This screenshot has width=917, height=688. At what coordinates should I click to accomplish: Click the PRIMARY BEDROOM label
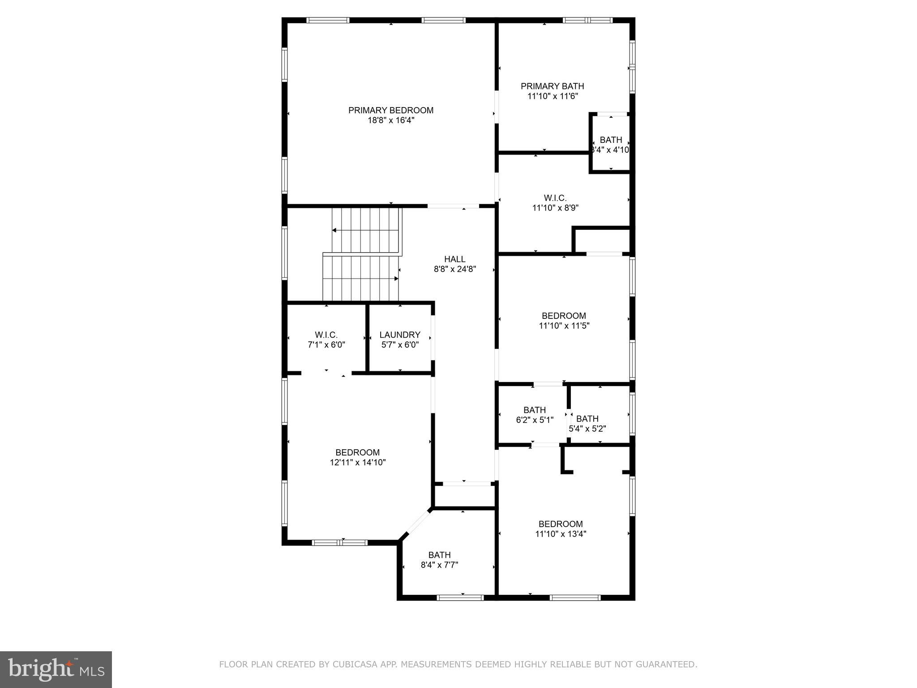(x=391, y=110)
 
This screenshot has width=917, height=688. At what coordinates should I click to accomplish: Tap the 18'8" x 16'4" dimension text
(x=391, y=120)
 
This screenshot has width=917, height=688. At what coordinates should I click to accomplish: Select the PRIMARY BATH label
(x=553, y=86)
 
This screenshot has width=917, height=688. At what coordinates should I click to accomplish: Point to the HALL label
(x=455, y=259)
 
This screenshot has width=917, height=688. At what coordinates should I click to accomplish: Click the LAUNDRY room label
(x=400, y=335)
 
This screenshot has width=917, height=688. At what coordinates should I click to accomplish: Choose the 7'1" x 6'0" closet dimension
(x=326, y=345)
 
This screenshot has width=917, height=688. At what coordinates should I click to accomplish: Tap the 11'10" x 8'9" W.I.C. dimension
(x=555, y=208)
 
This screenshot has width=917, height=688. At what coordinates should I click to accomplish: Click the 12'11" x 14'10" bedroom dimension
(x=358, y=462)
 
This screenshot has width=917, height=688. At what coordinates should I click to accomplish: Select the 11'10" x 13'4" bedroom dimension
(x=561, y=534)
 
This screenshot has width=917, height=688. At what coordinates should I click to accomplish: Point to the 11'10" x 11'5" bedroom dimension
(x=564, y=326)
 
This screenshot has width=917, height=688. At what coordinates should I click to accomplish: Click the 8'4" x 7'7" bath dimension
(x=439, y=565)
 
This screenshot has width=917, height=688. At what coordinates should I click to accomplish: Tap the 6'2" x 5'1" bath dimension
(x=535, y=420)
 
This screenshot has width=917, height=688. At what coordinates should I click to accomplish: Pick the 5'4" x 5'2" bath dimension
(x=587, y=429)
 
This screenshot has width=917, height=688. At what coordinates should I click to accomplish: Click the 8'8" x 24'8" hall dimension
(x=455, y=269)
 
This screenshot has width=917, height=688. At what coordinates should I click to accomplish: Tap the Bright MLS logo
(x=56, y=669)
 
